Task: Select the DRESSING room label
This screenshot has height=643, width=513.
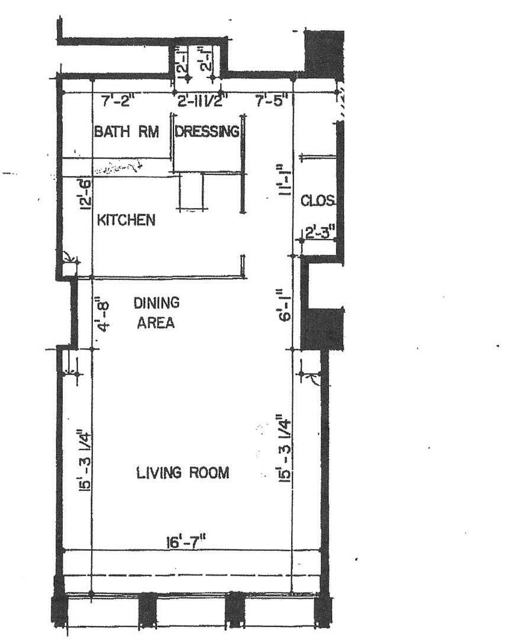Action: coord(207,131)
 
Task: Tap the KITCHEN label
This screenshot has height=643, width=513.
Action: coord(126,221)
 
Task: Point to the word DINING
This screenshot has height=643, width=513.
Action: coord(156,303)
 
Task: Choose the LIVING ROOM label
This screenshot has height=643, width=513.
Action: coord(182,473)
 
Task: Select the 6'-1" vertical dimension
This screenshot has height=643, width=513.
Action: coord(286,309)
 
